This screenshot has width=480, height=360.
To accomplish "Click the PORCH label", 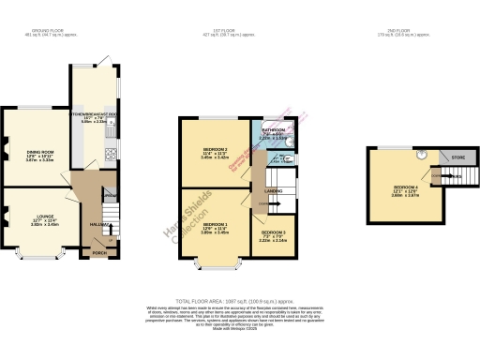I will tap(98, 252).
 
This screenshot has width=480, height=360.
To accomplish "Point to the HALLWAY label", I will tap(97, 224).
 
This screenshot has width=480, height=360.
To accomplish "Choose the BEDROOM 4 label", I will tap(406, 188).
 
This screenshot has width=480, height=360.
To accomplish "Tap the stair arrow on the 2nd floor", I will tap(437, 177).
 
